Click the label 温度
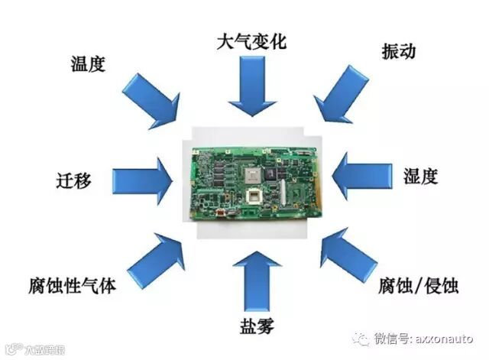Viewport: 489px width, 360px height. (87, 63)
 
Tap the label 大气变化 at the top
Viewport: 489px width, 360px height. (251, 41)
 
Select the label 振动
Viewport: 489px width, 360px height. (398, 51)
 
